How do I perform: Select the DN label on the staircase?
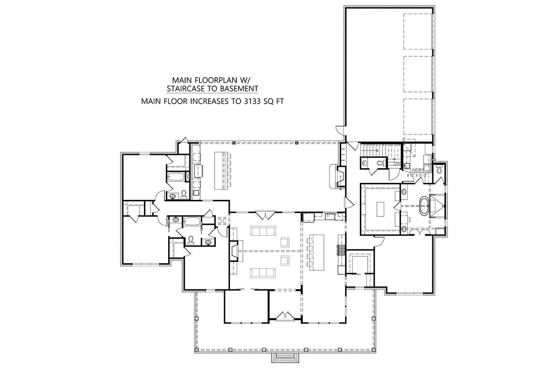pyautogui.click(x=398, y=164)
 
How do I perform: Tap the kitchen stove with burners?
pyautogui.click(x=340, y=250)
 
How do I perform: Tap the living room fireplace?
pyautogui.click(x=235, y=251)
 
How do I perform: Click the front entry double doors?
pyautogui.click(x=284, y=316)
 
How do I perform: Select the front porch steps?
pyautogui.click(x=285, y=357)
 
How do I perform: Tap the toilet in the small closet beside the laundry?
pyautogui.click(x=439, y=169)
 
